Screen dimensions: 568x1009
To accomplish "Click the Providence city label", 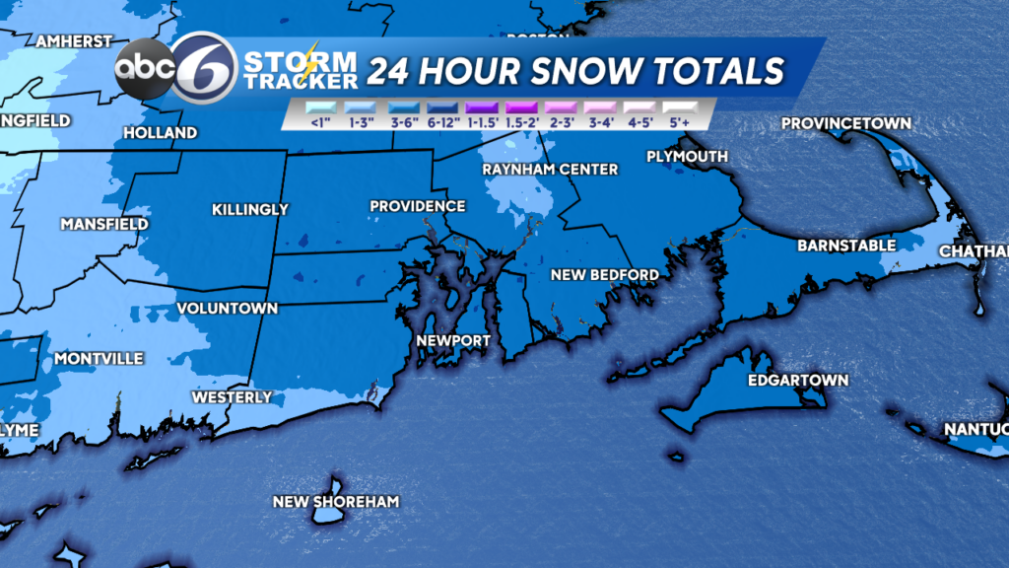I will coord(417,206).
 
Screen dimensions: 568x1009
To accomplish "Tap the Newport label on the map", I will coord(453,341).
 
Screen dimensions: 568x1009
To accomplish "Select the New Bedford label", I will coord(604,274).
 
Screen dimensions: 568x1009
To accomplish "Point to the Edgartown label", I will coord(784,381).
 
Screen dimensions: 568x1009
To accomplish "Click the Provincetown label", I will coord(846,123).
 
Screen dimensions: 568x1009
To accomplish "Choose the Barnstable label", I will coord(846,246).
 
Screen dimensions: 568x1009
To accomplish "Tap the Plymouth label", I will coord(688,157).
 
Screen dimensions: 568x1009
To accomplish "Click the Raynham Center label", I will coord(550,170).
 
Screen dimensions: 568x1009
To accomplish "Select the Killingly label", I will coord(250,209).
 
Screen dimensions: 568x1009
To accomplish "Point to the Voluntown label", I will coord(227,309).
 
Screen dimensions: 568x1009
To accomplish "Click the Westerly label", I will coord(232,397).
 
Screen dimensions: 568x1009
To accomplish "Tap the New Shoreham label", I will coord(336,502).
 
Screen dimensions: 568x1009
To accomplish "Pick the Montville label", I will coord(99,358).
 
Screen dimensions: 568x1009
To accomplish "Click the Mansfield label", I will coord(103,225).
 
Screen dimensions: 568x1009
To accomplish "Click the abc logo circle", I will coord(145,68).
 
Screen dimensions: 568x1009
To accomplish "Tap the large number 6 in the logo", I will coord(204,67).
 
